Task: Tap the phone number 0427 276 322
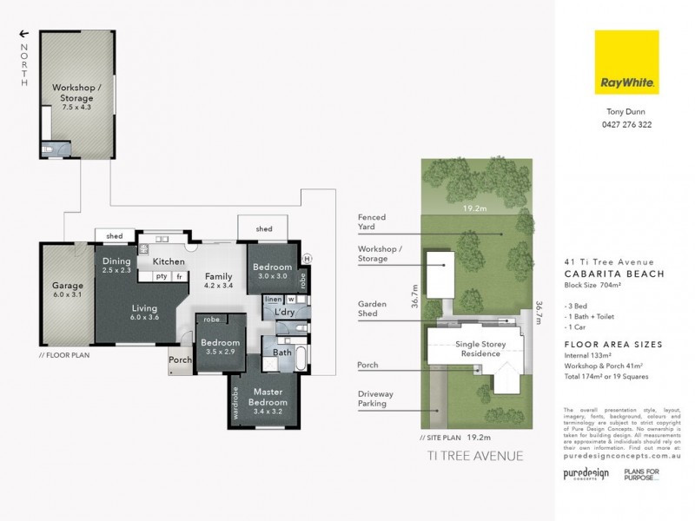click(627, 125)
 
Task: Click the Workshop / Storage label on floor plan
click(77, 92)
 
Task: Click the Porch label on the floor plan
click(180, 359)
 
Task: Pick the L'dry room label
click(286, 312)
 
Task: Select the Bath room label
click(282, 353)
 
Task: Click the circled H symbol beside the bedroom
click(308, 259)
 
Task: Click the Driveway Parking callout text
click(375, 399)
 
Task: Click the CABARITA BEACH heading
click(614, 274)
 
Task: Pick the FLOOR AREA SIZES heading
click(612, 345)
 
